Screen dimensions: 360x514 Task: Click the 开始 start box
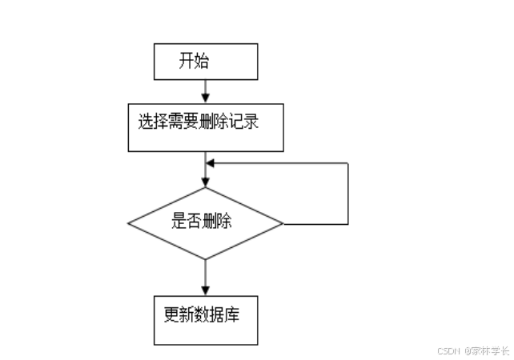[206, 62]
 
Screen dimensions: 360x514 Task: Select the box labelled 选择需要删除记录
[206, 126]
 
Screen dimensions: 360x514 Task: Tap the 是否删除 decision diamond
[206, 223]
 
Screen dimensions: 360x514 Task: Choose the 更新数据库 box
[206, 320]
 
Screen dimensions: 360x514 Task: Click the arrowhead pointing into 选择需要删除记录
[206, 97]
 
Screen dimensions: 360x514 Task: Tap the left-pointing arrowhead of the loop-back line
[211, 163]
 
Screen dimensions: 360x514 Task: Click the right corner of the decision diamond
[283, 224]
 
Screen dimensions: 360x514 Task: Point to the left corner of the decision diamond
[129, 224]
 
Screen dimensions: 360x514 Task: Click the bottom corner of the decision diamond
[206, 259]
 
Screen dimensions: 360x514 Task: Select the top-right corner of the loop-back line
[348, 163]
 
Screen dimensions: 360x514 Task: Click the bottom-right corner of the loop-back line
[348, 224]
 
